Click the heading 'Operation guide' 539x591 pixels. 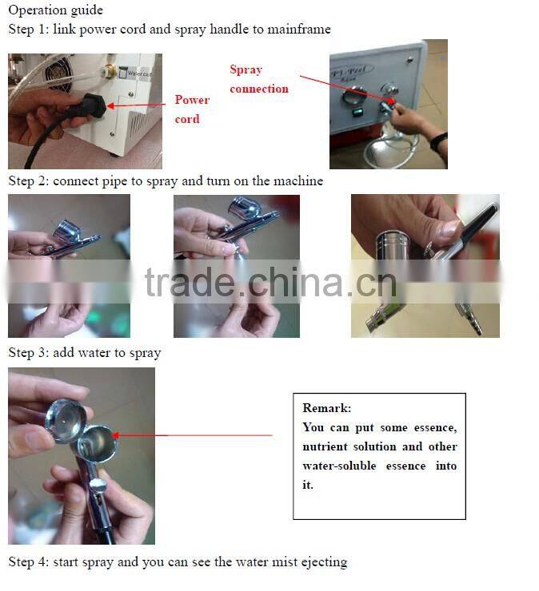tap(55, 11)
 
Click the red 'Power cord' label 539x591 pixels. tap(192, 109)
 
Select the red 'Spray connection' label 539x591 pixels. tap(258, 79)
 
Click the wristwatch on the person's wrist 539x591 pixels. tap(438, 143)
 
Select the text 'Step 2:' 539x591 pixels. tap(29, 181)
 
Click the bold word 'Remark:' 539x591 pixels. tap(326, 408)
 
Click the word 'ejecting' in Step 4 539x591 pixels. tap(322, 562)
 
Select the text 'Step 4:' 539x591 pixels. tap(29, 562)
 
